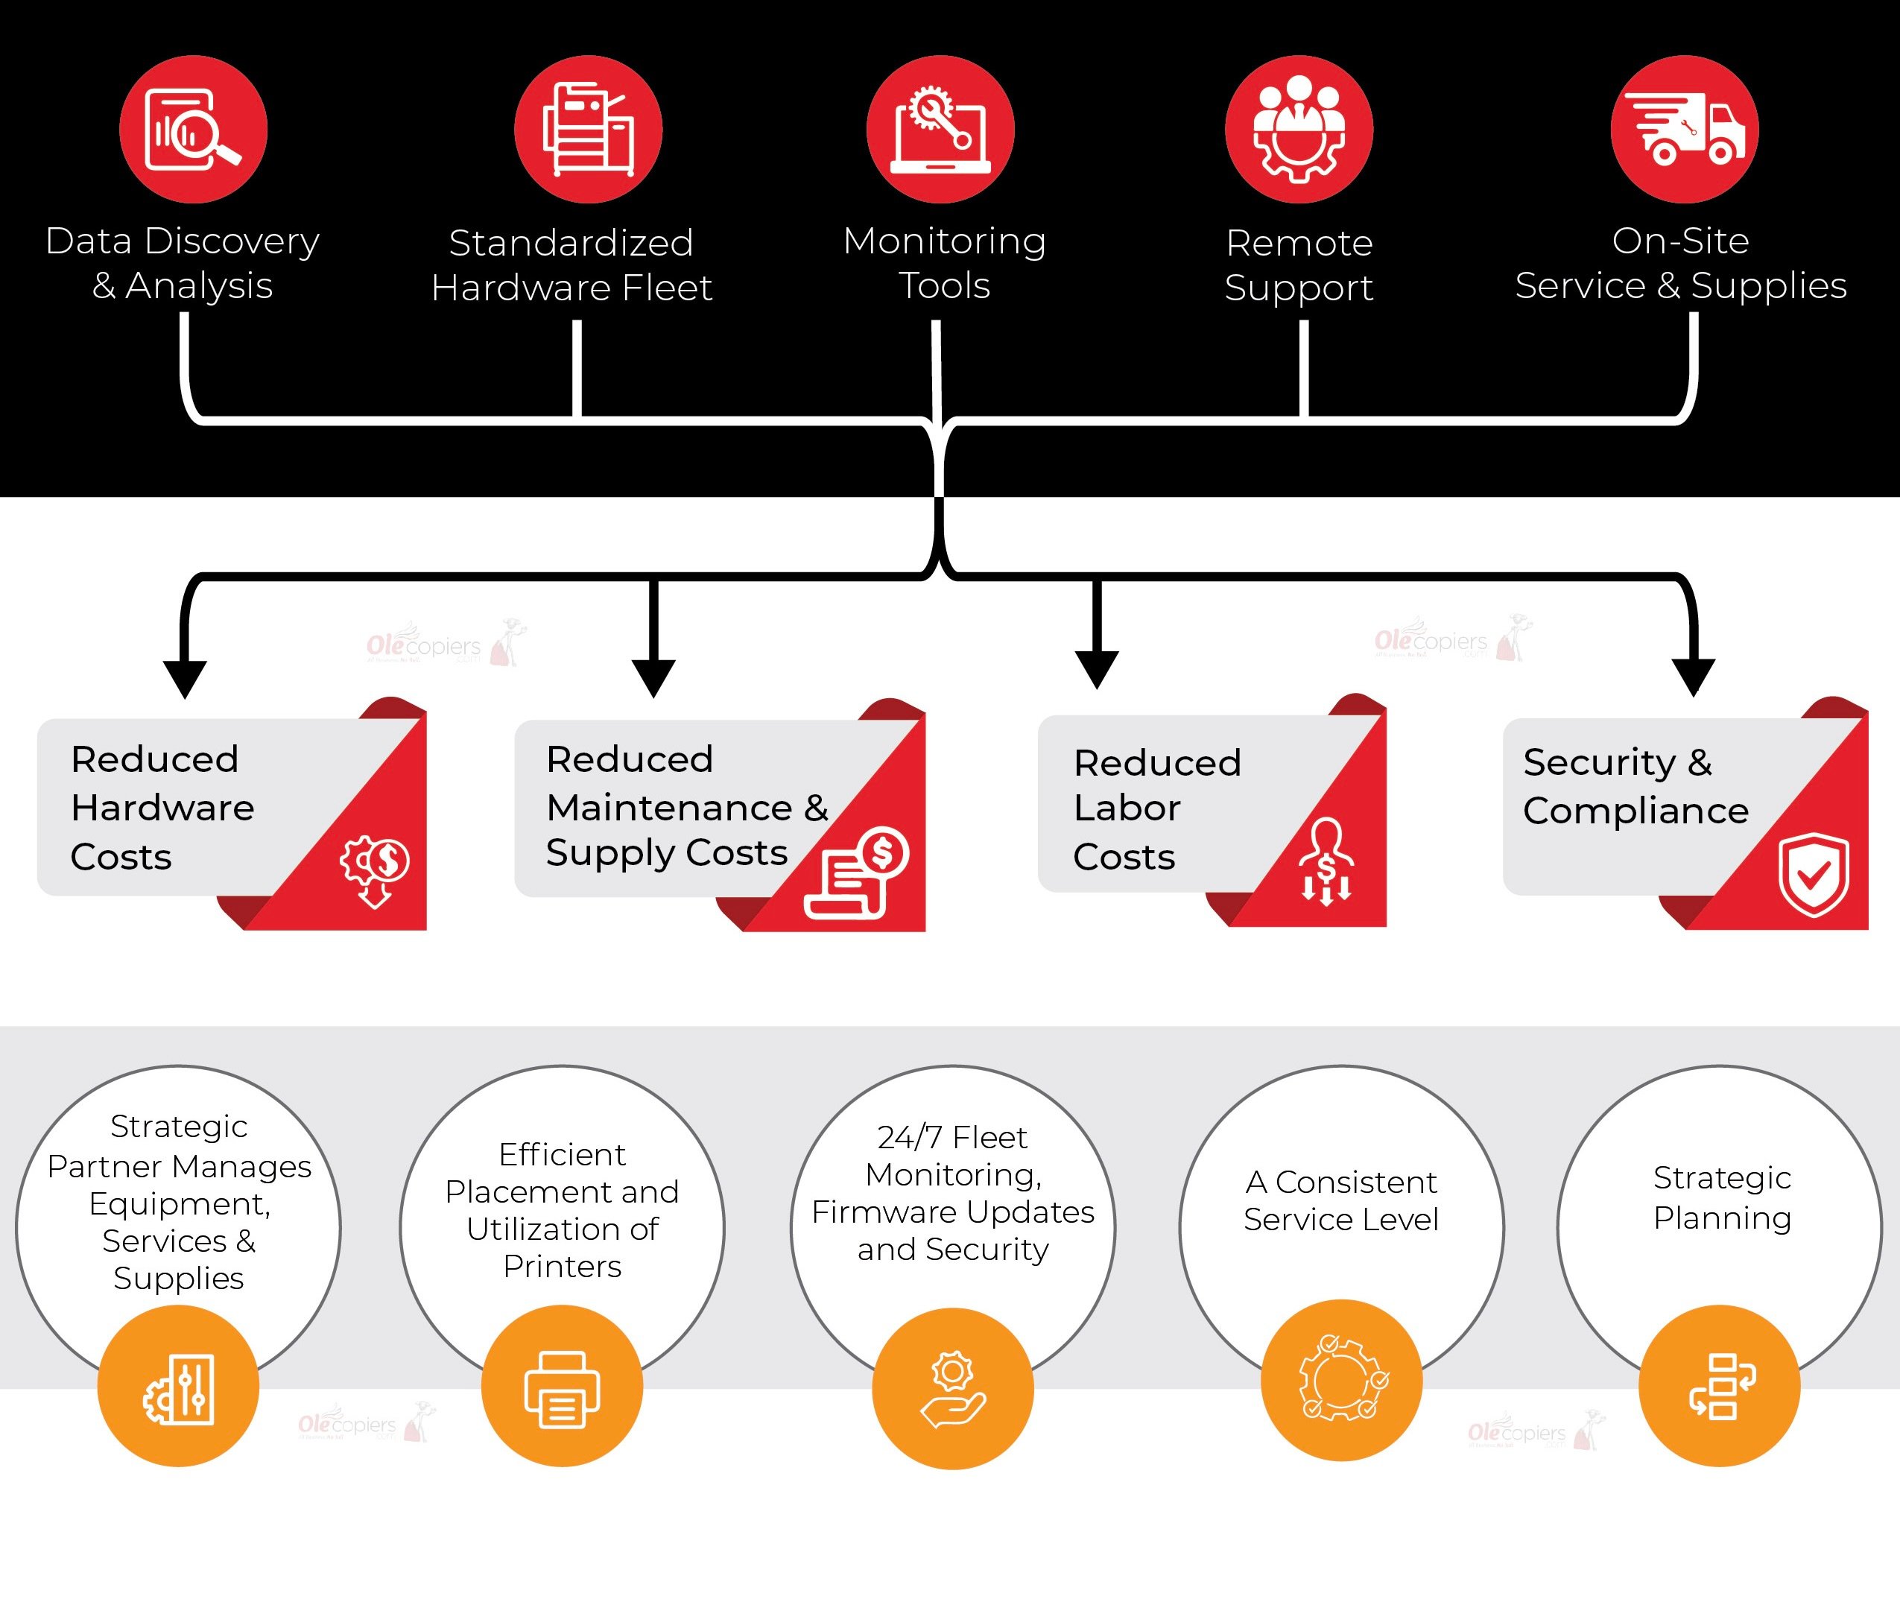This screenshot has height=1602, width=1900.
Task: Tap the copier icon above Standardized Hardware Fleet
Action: (x=588, y=130)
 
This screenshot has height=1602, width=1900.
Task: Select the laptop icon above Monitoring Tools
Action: (x=940, y=130)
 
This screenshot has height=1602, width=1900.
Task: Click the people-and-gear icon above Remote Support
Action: (x=1299, y=130)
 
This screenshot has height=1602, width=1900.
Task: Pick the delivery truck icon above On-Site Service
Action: (x=1685, y=130)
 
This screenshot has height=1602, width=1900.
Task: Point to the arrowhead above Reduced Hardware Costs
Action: (x=186, y=677)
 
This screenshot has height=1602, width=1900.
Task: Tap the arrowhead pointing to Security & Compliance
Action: (x=1693, y=676)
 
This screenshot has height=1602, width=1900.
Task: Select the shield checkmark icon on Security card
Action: (x=1813, y=875)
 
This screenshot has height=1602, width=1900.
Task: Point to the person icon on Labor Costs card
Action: (x=1326, y=861)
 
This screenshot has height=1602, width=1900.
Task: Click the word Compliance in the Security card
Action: (x=1635, y=811)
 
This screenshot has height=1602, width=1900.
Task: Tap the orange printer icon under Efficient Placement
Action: (x=563, y=1390)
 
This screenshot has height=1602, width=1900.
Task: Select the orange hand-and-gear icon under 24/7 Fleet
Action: (x=953, y=1390)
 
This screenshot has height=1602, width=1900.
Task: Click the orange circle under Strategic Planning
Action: (x=1719, y=1386)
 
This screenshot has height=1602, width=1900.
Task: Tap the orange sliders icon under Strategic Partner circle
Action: (x=179, y=1390)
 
